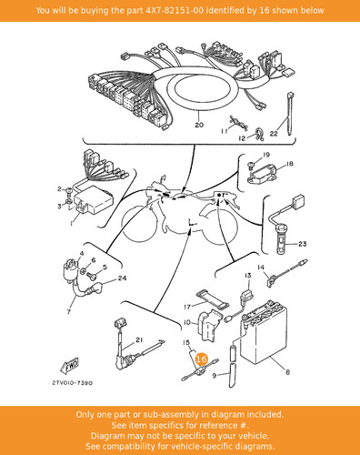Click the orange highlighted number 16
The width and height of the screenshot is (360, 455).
pos(202,359)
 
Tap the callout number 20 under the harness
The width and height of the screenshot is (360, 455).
pos(199,125)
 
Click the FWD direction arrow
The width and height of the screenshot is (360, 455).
pos(69,366)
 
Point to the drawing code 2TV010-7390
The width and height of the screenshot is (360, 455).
pos(73,383)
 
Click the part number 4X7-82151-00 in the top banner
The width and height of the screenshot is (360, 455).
pos(175,11)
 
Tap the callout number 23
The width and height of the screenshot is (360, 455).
pos(303,244)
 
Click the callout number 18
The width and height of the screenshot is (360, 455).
pos(290,164)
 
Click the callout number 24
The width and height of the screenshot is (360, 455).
pos(122,278)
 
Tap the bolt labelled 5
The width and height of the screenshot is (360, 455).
pos(91,276)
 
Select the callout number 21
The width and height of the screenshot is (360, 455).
pos(139,340)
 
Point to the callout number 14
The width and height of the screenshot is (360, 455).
pos(261,268)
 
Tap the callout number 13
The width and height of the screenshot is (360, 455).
pos(248,276)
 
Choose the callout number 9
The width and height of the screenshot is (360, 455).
pos(215,376)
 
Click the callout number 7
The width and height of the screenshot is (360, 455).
pos(69,311)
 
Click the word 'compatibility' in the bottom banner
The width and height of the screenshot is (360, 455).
pos(139,446)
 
